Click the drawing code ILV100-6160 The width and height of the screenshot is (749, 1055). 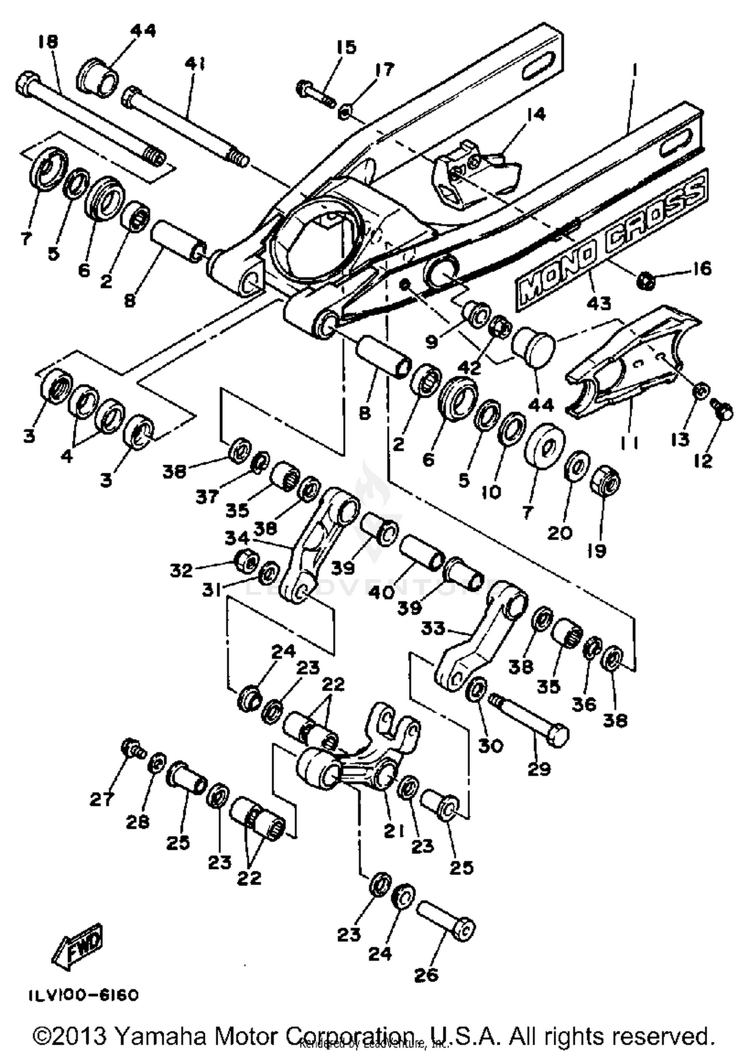pyautogui.click(x=82, y=996)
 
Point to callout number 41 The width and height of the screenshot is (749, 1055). pyautogui.click(x=195, y=63)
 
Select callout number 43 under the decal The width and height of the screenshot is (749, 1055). pyautogui.click(x=599, y=302)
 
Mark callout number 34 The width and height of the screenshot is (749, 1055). pyautogui.click(x=237, y=537)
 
